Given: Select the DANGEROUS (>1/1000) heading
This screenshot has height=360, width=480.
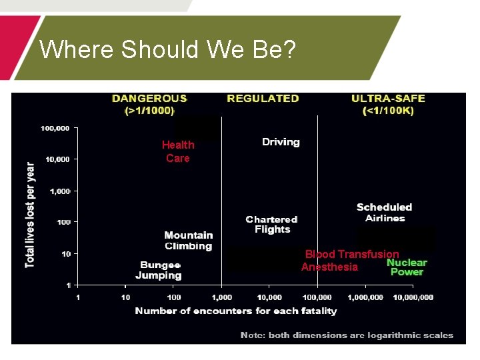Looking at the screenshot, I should (x=149, y=105).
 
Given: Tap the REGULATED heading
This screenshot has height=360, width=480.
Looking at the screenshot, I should (x=263, y=99).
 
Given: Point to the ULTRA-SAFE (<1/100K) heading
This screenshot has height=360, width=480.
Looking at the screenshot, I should (x=388, y=105).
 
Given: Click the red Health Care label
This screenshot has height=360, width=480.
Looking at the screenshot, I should (x=178, y=151).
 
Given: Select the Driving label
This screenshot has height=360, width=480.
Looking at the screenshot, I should (x=281, y=142).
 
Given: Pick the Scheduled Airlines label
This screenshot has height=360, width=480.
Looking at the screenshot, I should (x=384, y=213).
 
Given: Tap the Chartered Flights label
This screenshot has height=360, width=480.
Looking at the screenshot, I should (x=271, y=224).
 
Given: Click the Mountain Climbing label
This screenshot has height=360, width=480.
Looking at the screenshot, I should (x=189, y=240).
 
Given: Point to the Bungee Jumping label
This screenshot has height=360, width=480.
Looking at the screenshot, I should (x=159, y=270).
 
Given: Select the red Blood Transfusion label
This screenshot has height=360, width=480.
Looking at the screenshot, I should (x=352, y=254).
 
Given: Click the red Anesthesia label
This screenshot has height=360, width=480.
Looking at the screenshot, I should (x=329, y=267).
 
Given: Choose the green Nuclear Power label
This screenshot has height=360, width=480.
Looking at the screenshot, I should (x=407, y=267).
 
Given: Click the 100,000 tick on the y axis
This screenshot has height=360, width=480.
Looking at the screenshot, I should (x=55, y=128).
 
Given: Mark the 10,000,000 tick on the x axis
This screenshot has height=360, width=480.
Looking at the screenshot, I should (x=413, y=297).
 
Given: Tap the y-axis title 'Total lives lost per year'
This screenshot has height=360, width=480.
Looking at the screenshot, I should (x=31, y=215).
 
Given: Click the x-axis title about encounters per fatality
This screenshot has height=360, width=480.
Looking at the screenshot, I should (x=236, y=311).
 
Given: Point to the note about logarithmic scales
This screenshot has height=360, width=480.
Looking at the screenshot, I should (x=347, y=335).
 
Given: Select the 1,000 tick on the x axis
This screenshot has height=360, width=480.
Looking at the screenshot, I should (x=222, y=297).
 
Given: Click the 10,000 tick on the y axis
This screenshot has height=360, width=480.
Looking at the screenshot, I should (x=57, y=159).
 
